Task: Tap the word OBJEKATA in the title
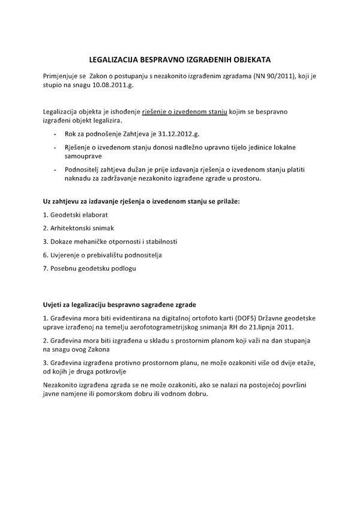click(x=251, y=61)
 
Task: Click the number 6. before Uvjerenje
click(x=46, y=255)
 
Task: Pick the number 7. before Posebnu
click(x=46, y=268)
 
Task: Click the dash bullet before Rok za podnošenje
click(x=56, y=134)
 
